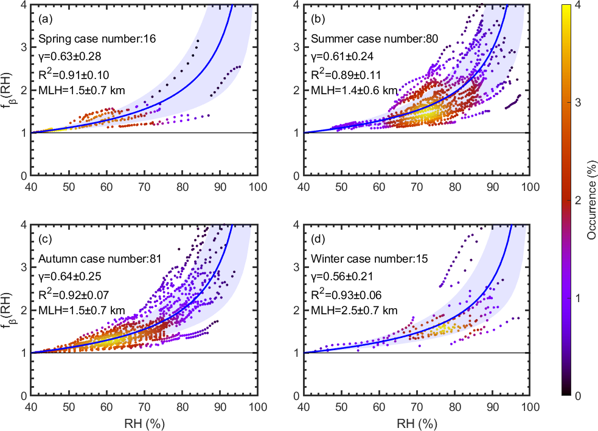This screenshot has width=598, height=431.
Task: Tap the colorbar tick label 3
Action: click(577, 102)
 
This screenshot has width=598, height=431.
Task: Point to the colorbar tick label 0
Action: click(577, 395)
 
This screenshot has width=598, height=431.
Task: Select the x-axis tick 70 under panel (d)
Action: click(417, 405)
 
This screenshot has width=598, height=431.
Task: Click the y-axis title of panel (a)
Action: click(9, 89)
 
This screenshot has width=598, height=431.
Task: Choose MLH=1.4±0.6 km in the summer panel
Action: click(354, 91)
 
